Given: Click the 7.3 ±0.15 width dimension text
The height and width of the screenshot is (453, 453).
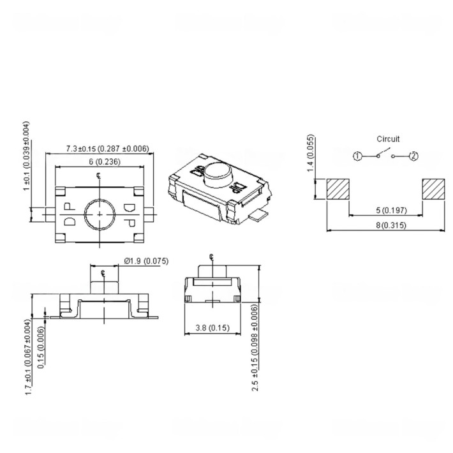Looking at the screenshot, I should (x=107, y=149).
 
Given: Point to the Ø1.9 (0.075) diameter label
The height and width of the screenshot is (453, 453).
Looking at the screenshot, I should (x=145, y=260).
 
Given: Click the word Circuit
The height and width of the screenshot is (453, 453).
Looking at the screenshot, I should (x=387, y=138).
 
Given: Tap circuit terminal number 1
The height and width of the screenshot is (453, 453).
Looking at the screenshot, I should (x=358, y=156).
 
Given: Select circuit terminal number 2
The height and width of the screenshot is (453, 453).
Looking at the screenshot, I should (x=413, y=156).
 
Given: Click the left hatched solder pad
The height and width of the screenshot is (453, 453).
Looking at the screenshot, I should (x=338, y=189).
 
